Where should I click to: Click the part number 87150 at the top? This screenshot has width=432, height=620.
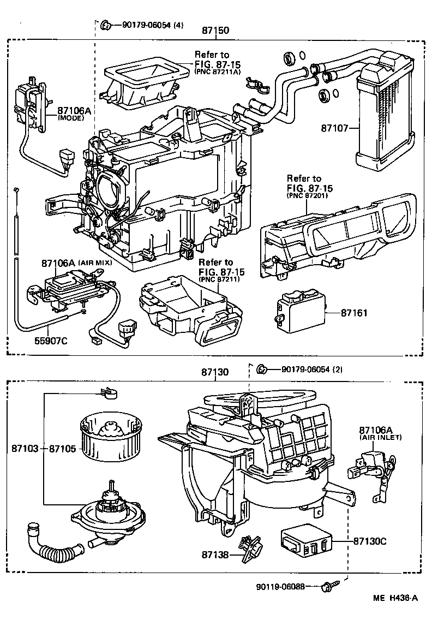215,32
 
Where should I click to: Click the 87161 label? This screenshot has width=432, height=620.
354,313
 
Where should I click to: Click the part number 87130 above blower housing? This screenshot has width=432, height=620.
214,372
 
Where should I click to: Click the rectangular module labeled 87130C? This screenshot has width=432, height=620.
305,541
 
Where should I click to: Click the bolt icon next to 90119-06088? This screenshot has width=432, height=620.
327,587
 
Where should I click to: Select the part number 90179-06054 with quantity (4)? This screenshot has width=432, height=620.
147,24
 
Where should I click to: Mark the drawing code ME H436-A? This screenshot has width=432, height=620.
395,598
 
